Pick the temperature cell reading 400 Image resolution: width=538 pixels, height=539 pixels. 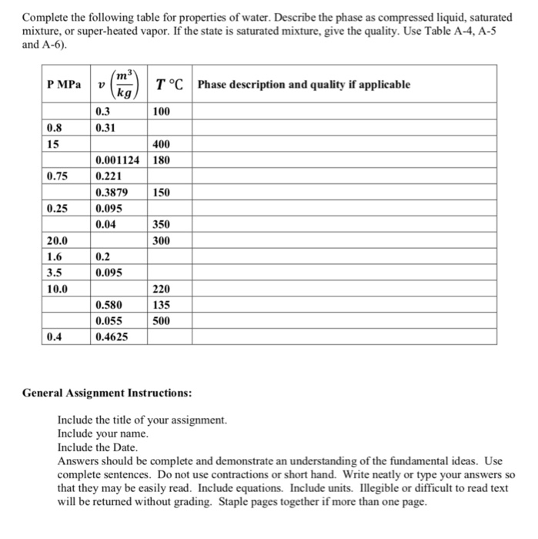[162, 145]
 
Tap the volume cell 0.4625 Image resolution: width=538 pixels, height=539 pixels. [112, 337]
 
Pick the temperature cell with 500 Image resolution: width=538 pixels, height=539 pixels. [162, 321]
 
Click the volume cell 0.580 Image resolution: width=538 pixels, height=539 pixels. [109, 306]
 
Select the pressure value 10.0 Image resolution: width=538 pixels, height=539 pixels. [58, 290]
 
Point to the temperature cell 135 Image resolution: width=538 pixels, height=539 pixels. [162, 306]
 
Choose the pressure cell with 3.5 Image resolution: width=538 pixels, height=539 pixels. [55, 273]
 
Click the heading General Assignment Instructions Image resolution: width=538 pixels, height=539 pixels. [107, 393]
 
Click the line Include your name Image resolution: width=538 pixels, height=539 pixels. [102, 434]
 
